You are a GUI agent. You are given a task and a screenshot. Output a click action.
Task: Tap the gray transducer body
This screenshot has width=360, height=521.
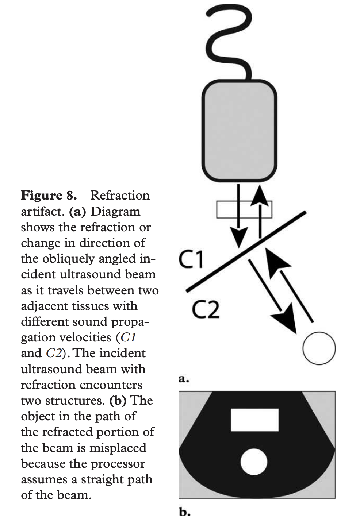(x=239, y=131)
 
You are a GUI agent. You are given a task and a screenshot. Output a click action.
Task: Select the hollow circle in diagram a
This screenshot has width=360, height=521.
(x=319, y=348)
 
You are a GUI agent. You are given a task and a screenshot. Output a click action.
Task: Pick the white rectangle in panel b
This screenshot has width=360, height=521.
(x=254, y=420)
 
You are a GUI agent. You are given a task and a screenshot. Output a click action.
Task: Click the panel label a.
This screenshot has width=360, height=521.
(x=184, y=379)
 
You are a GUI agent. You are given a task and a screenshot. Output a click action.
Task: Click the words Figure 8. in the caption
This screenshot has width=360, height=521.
(x=49, y=196)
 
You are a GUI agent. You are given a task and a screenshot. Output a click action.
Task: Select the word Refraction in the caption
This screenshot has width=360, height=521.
(x=120, y=196)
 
